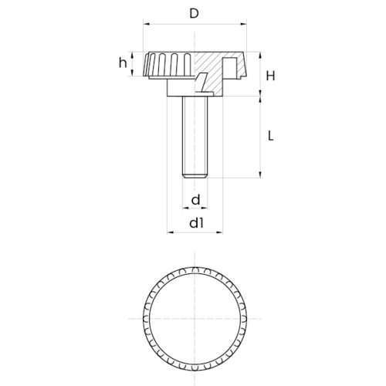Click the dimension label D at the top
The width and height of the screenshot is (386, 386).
tap(195, 13)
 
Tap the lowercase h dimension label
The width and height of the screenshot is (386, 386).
tap(123, 63)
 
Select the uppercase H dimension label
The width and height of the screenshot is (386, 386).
tap(270, 76)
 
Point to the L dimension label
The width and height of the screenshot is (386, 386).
tap(270, 136)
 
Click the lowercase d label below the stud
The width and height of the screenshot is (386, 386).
tap(196, 199)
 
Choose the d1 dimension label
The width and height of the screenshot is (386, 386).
tap(196, 223)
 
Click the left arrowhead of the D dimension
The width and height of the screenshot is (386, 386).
tap(147, 24)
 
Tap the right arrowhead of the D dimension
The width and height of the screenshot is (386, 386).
tap(243, 24)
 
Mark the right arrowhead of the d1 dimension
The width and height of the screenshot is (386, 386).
tap(219, 232)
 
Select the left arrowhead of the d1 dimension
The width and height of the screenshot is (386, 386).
tap(171, 232)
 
